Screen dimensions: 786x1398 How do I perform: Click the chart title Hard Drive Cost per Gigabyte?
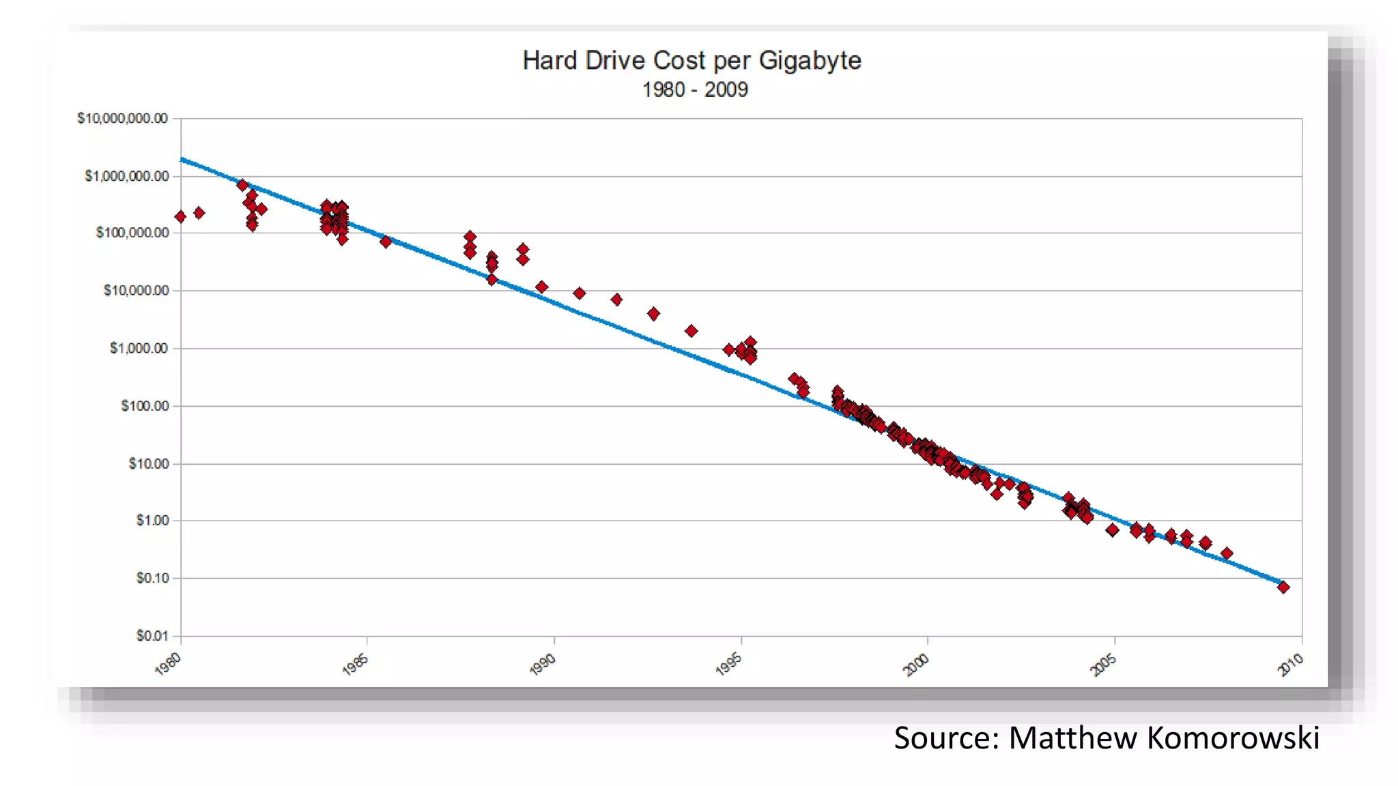[x=691, y=61]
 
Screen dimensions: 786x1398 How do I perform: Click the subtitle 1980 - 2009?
[x=695, y=90]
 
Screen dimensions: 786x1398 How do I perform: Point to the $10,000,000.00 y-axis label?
[x=122, y=119]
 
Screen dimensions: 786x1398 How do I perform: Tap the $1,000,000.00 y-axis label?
[x=126, y=176]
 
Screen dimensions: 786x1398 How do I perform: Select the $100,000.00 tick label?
[x=132, y=233]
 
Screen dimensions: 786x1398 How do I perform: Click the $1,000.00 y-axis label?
[x=139, y=348]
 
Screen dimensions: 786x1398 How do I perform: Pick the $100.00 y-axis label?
[x=144, y=406]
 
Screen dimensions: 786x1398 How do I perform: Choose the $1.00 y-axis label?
[x=152, y=521]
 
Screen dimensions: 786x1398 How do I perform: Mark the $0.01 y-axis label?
[x=152, y=636]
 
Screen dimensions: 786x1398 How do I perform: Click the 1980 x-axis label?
[x=168, y=663]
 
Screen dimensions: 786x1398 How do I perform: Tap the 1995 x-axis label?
[x=728, y=663]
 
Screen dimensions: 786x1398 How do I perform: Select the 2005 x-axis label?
[x=1103, y=663]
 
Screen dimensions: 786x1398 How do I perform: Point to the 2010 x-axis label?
[x=1290, y=663]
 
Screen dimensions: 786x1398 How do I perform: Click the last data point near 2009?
[x=1283, y=587]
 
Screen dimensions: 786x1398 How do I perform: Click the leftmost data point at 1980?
[x=180, y=217]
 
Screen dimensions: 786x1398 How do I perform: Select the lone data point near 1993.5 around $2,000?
[x=691, y=331]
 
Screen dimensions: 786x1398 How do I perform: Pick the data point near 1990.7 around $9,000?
[x=579, y=293]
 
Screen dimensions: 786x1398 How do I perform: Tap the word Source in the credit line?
[x=946, y=738]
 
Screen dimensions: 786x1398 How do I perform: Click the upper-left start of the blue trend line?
[x=183, y=160]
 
